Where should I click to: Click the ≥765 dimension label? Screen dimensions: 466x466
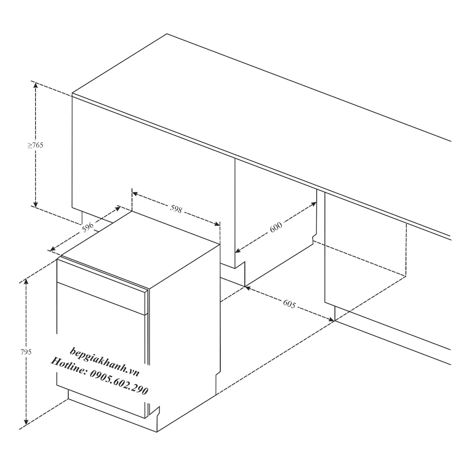(35, 145)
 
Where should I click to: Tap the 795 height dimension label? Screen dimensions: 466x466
(26, 352)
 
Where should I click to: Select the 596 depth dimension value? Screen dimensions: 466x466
(88, 227)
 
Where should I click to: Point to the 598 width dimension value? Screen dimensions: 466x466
(176, 208)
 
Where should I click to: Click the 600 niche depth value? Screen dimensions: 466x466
(276, 228)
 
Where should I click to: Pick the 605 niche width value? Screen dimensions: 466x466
(289, 304)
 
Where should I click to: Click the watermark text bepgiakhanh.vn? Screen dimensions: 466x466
(104, 362)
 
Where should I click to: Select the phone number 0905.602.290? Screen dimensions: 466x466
(119, 382)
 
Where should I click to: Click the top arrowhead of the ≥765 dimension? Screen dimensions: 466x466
(35, 85)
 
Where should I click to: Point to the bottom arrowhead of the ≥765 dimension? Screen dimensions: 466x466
(35, 204)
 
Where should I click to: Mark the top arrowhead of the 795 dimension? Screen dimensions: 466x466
(26, 281)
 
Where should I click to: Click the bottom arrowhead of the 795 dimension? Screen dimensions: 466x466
(26, 422)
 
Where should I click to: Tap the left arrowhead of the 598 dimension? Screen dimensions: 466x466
(135, 194)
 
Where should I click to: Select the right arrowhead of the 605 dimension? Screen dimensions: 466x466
(331, 319)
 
